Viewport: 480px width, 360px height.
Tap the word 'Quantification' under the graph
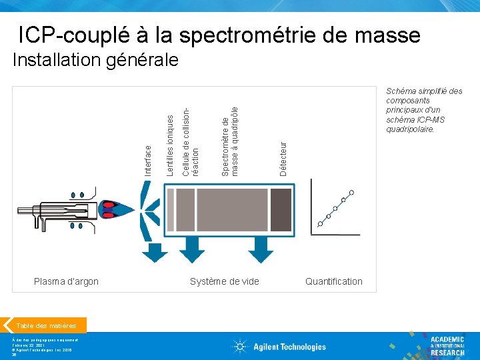pos(333,281)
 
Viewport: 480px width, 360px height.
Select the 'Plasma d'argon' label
pos(66,281)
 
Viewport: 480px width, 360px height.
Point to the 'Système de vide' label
pos(225,281)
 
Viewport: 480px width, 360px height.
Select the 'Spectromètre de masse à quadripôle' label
pos(230,137)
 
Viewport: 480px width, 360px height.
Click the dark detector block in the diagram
pos(281,209)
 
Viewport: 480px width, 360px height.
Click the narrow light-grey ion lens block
pos(171,209)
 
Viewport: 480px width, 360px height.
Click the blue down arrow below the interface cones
pos(157,251)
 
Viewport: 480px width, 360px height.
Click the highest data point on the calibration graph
pos(351,192)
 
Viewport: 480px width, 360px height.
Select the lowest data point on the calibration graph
pos(320,224)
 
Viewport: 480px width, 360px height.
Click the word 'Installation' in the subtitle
pos(54,61)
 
